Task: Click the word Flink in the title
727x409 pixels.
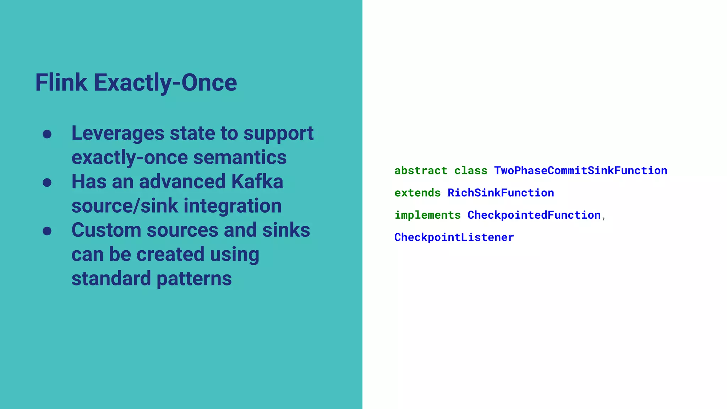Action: pos(61,83)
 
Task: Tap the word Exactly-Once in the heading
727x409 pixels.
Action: pos(165,83)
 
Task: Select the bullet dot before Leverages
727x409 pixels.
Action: pos(47,134)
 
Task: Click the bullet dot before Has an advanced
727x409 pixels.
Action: pos(47,182)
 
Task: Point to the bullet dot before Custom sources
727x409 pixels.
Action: pos(47,231)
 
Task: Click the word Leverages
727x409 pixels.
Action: pos(118,133)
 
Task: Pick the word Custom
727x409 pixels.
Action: pos(106,230)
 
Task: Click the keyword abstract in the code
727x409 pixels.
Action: pos(421,171)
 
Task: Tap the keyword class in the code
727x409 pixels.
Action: pos(471,171)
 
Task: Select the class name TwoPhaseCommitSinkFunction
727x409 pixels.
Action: pos(580,171)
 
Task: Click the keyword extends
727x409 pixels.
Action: pos(417,193)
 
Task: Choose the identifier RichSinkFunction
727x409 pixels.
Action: pos(501,193)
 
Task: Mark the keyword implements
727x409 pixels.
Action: pos(427,215)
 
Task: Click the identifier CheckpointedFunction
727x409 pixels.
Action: pos(534,215)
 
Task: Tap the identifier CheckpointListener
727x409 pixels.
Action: pos(454,238)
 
